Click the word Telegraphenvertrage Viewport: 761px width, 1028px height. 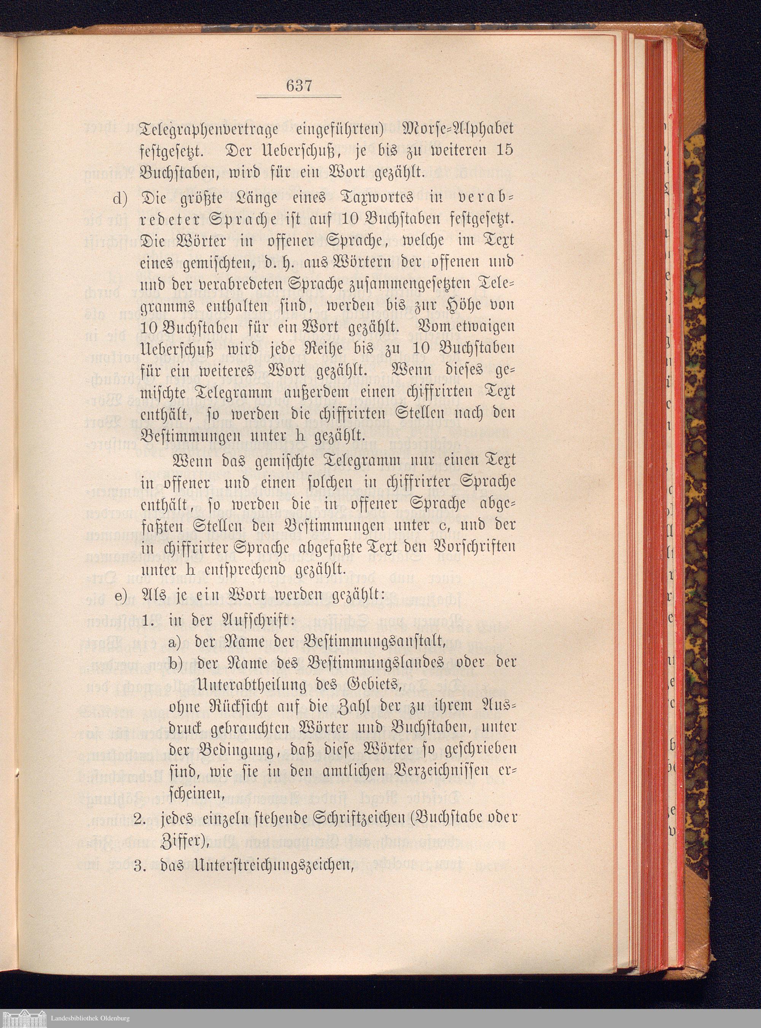209,129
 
